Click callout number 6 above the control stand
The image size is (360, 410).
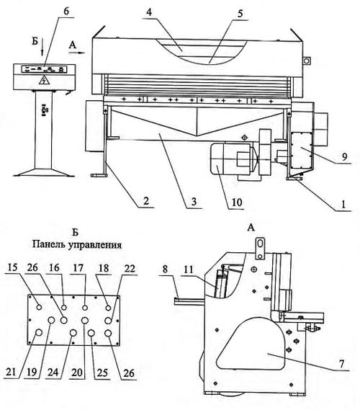[66, 12]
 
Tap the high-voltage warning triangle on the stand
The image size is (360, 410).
[44, 80]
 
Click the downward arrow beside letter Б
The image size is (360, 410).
[42, 46]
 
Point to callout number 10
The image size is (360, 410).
[237, 202]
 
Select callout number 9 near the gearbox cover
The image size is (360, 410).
[345, 157]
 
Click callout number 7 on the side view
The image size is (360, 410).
[341, 364]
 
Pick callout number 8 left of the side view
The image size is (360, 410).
[165, 269]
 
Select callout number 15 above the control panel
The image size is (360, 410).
[12, 267]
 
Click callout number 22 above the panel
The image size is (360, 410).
[129, 268]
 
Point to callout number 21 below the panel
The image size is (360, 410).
[11, 372]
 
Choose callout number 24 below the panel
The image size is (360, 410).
[53, 373]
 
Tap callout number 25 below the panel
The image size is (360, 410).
[102, 373]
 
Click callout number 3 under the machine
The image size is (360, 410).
[194, 202]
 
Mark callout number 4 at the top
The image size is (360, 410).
[149, 12]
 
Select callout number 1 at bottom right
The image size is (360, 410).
[343, 204]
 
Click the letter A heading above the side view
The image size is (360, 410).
[251, 228]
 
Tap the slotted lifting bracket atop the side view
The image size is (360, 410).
[260, 248]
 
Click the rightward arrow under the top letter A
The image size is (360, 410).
[77, 53]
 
